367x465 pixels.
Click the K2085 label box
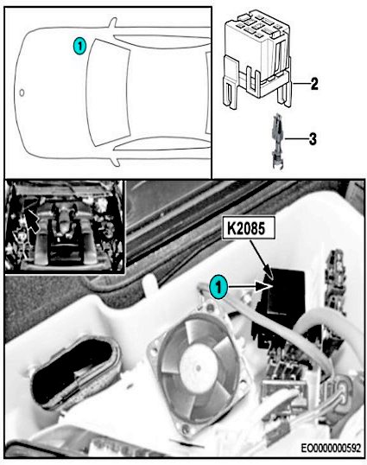pyautogui.click(x=249, y=228)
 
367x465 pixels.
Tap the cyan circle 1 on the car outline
pyautogui.click(x=79, y=47)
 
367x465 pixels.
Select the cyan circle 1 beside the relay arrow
pyautogui.click(x=218, y=287)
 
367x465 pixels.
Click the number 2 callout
pyautogui.click(x=314, y=84)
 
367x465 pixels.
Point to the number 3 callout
pyautogui.click(x=313, y=139)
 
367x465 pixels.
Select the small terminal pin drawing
pyautogui.click(x=277, y=141)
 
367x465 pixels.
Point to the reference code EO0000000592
pyautogui.click(x=331, y=448)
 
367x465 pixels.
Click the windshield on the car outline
pyautogui.click(x=109, y=92)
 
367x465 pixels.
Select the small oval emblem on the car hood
pyautogui.click(x=22, y=92)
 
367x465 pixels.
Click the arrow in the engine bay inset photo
pyautogui.click(x=33, y=220)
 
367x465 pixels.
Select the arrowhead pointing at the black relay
pyautogui.click(x=264, y=286)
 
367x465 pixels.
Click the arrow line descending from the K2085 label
pyautogui.click(x=261, y=258)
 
